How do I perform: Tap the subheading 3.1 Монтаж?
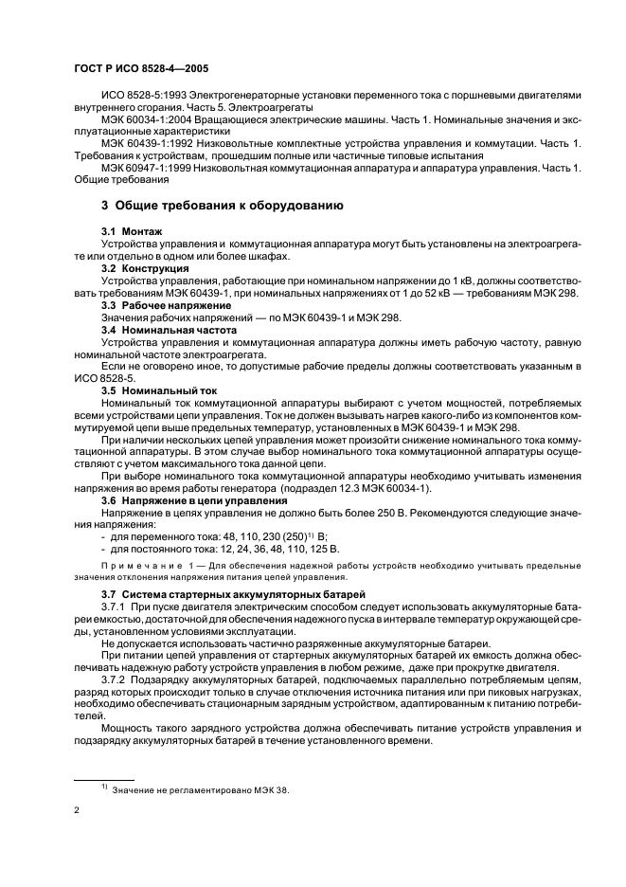click(132, 232)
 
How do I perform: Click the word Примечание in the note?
click(134, 565)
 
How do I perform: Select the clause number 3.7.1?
click(115, 605)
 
